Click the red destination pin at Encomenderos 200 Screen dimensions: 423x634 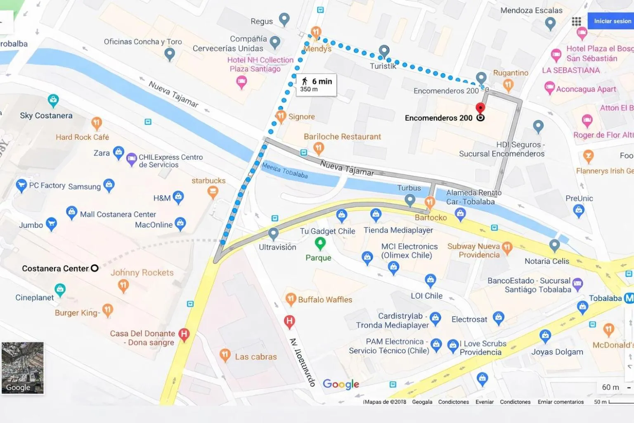tap(480, 108)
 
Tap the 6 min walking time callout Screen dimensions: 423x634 tap(316, 85)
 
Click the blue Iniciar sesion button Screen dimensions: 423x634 tap(611, 21)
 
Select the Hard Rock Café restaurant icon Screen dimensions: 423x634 tap(97, 123)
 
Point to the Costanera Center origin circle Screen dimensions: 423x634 tap(95, 269)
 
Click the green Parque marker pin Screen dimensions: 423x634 tap(320, 244)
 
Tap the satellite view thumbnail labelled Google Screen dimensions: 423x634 tap(23, 367)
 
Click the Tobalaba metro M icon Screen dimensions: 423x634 tap(629, 298)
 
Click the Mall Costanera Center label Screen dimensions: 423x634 tap(118, 214)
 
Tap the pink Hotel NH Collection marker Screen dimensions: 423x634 tap(241, 82)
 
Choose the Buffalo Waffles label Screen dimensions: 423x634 tap(325, 299)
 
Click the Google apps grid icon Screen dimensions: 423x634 tap(576, 21)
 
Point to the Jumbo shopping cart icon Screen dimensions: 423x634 tap(51, 224)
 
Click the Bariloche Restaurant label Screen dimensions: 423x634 tap(342, 136)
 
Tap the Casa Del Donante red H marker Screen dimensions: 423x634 tap(184, 334)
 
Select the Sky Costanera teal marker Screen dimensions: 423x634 tap(53, 100)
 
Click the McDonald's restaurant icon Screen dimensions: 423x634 tap(609, 330)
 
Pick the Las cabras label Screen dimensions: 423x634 tap(255, 356)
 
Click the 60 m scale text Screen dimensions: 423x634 tap(610, 387)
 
